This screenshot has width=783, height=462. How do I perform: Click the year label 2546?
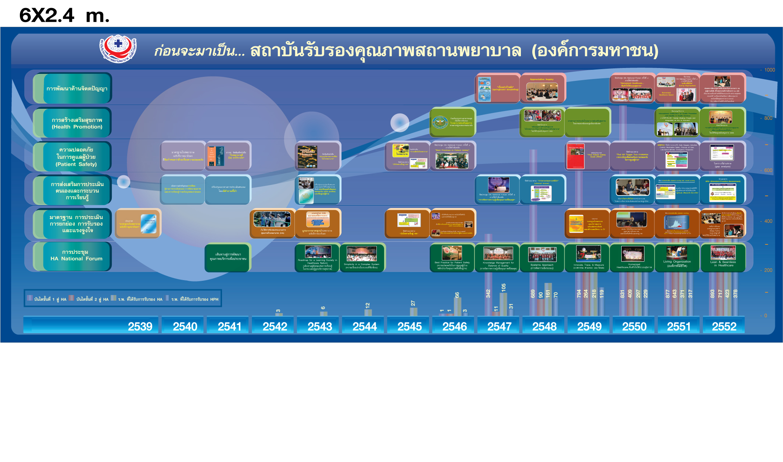click(x=454, y=326)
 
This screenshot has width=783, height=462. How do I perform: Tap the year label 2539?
click(x=140, y=326)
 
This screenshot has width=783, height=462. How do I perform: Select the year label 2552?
click(x=724, y=326)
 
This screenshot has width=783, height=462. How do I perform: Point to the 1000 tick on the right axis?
click(x=769, y=70)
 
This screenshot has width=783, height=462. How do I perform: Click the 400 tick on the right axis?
click(x=768, y=221)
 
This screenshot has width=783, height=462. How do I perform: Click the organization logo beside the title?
click(x=118, y=49)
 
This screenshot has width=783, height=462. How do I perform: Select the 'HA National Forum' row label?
click(x=76, y=255)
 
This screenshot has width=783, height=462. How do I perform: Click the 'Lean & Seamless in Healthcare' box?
click(x=723, y=257)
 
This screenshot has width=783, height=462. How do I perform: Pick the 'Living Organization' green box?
click(x=677, y=257)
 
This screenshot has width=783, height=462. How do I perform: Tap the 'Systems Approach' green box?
click(x=542, y=257)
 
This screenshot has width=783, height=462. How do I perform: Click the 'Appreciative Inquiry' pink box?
click(x=542, y=88)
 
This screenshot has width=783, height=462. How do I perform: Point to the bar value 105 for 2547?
click(x=503, y=287)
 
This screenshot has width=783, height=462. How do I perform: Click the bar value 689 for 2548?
click(x=533, y=294)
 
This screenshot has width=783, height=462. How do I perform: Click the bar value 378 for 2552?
click(x=735, y=294)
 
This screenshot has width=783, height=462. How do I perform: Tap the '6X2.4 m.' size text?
click(x=64, y=15)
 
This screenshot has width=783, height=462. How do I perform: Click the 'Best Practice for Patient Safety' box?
click(x=452, y=257)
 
